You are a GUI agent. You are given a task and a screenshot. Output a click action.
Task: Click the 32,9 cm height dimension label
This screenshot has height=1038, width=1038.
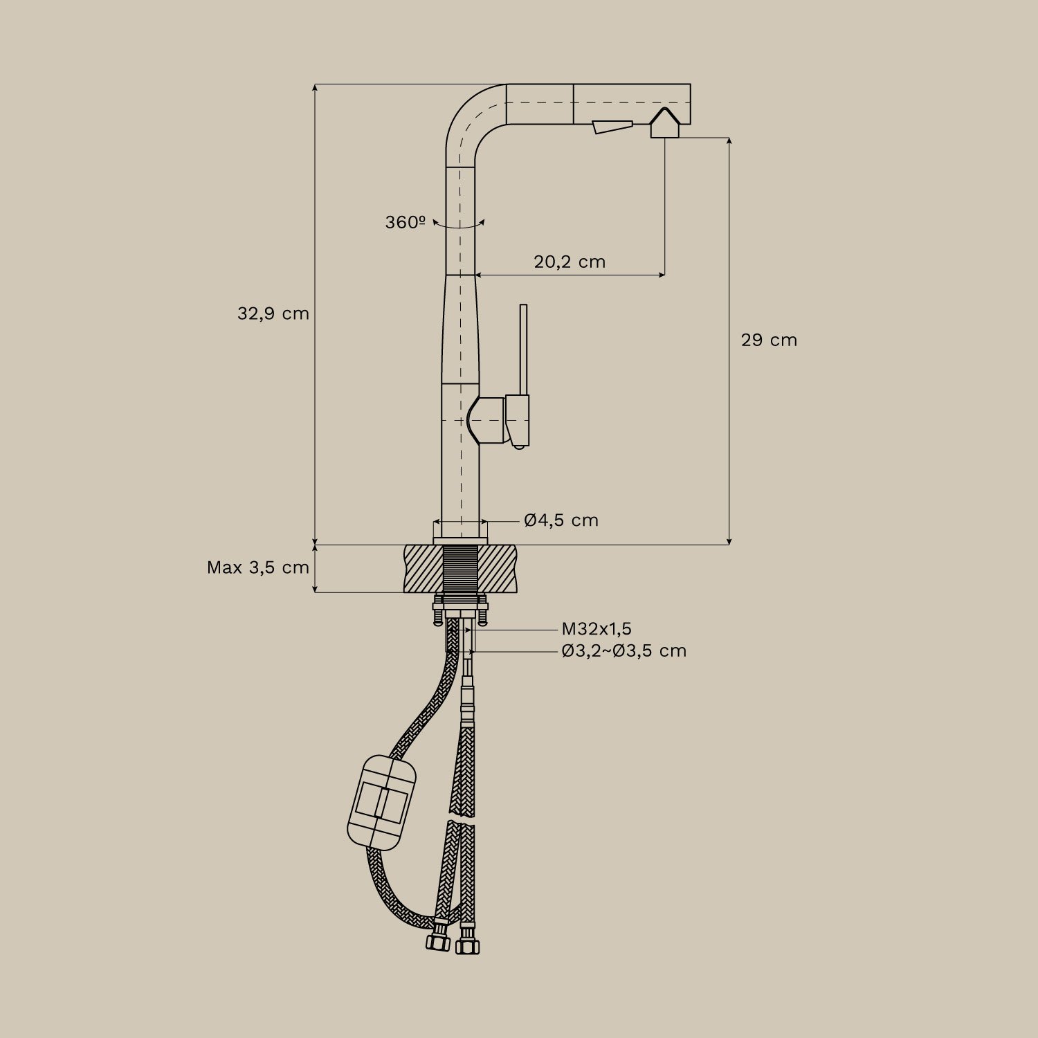tap(273, 313)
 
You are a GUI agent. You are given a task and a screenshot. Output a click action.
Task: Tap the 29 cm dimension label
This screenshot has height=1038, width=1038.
tap(769, 340)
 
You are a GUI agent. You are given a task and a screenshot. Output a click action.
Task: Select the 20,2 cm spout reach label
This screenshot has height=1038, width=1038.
tap(570, 262)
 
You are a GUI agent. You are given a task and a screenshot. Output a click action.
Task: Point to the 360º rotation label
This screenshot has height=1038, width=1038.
tap(405, 222)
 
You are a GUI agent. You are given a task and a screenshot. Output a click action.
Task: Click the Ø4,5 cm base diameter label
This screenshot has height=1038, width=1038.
tap(561, 520)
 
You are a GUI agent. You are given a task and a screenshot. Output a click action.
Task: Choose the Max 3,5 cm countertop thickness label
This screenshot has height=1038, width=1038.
tap(257, 567)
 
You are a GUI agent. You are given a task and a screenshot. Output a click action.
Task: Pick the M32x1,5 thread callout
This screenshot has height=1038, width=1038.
tap(597, 629)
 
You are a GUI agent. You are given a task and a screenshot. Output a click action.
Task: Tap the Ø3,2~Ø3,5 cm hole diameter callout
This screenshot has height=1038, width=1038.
tap(623, 650)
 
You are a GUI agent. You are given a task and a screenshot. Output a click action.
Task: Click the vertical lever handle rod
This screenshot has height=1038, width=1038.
tap(523, 349)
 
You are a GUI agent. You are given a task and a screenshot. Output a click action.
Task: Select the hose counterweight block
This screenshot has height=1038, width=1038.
tap(382, 802)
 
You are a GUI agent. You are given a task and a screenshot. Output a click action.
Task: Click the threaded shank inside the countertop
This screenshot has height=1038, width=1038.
tap(460, 569)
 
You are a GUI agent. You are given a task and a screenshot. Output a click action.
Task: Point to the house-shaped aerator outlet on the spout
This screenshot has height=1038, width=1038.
tap(665, 123)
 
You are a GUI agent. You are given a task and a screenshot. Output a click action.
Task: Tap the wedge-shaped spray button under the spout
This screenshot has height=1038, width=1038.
tap(612, 127)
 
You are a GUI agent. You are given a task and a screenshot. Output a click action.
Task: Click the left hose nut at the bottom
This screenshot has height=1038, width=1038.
tap(438, 942)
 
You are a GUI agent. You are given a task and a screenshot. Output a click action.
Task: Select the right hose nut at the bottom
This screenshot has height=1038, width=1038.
tap(468, 945)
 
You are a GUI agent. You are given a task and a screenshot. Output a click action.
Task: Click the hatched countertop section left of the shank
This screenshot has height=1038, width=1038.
tap(423, 569)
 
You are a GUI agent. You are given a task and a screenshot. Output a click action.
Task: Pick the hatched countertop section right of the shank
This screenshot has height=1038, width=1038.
tap(498, 569)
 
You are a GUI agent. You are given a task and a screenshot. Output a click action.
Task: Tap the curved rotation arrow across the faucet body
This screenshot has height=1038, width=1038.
tap(459, 225)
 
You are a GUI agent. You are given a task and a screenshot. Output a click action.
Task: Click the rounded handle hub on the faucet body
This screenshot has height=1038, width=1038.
tap(487, 420)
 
